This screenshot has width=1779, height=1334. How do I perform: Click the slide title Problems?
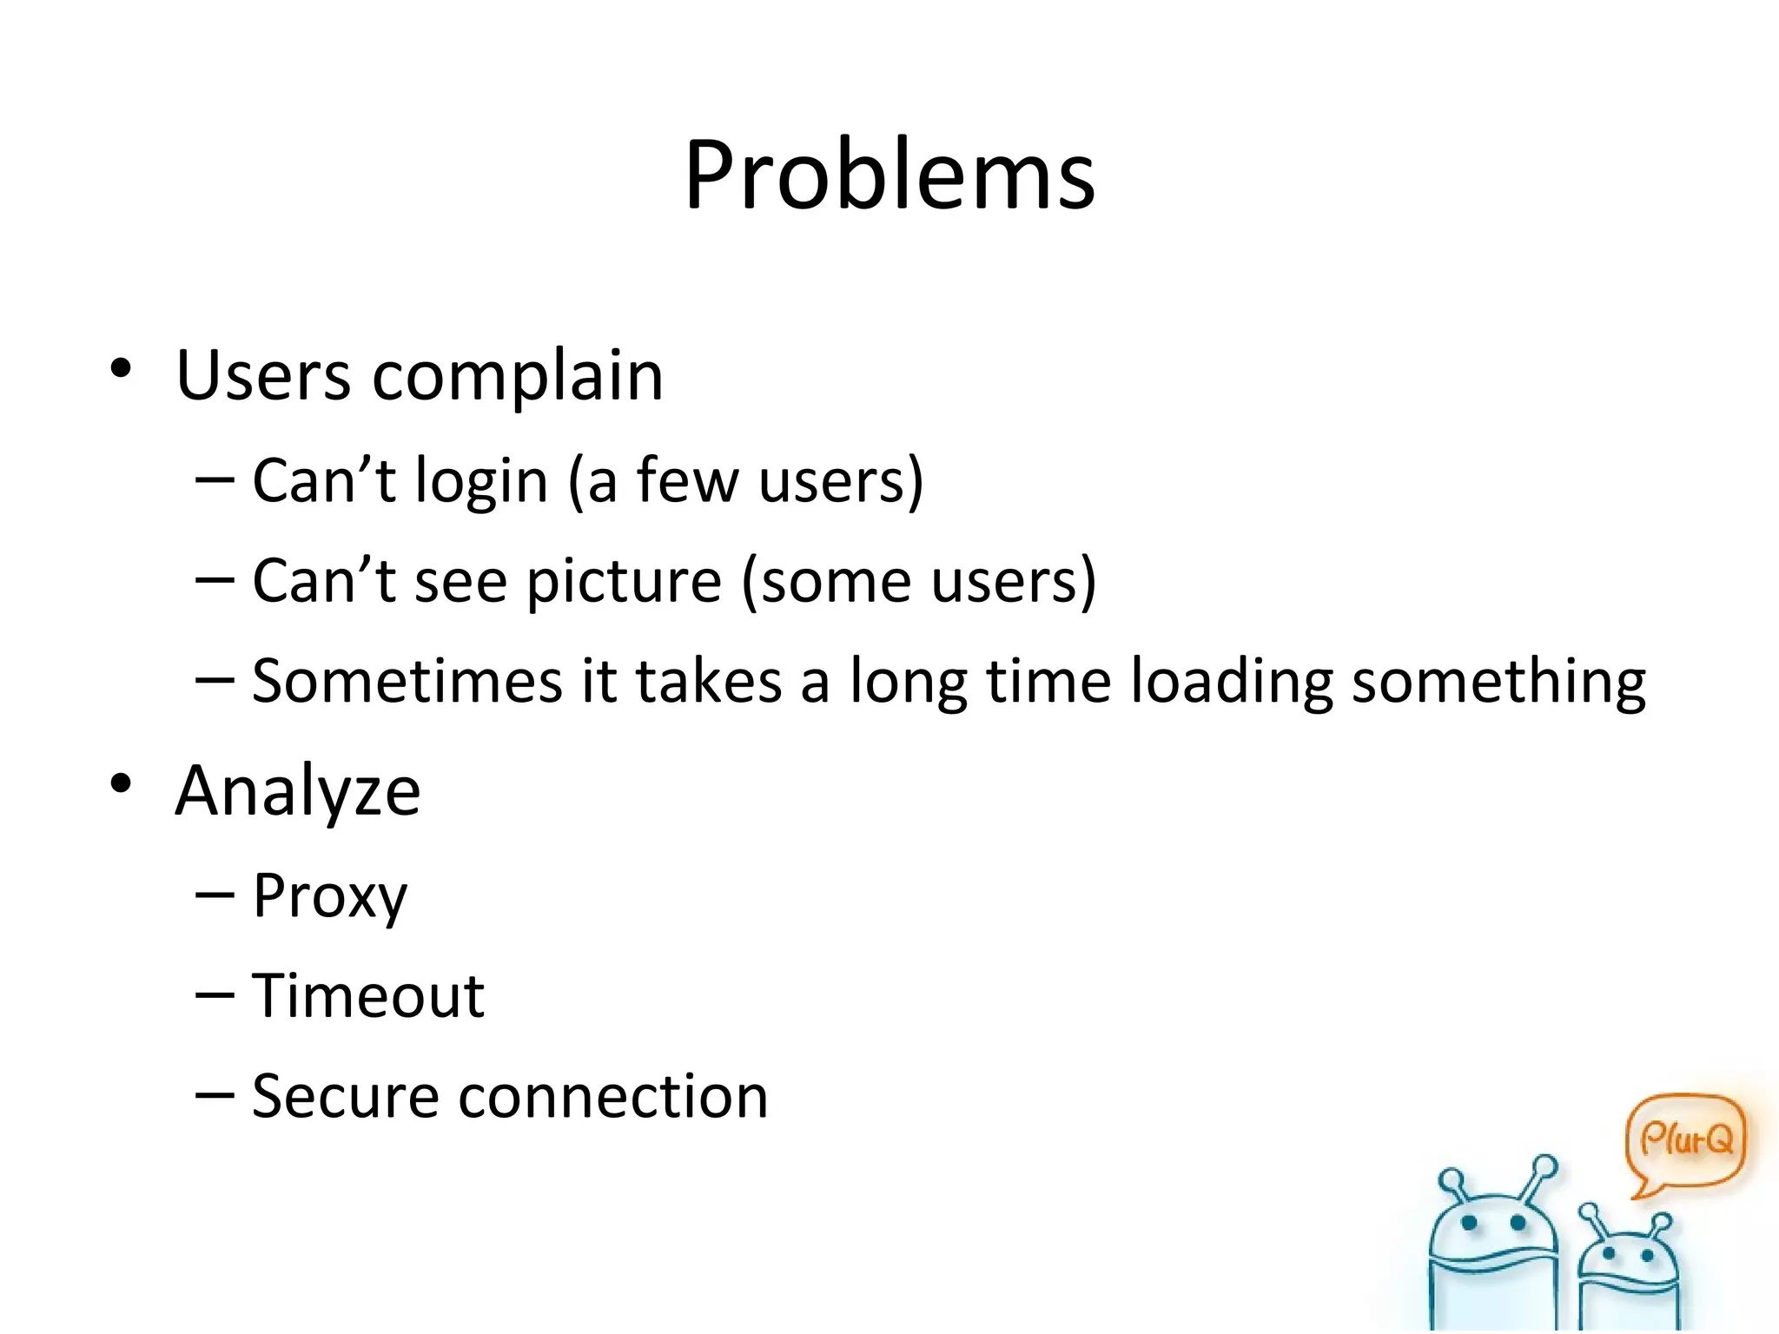click(889, 176)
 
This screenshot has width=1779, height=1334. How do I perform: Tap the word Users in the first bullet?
click(262, 376)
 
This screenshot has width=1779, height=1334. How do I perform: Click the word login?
click(481, 482)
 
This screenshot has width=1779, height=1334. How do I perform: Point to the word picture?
click(624, 582)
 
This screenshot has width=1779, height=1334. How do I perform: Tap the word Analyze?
click(298, 792)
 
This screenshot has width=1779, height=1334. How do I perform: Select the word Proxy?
click(329, 896)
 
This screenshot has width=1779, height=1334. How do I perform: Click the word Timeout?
click(368, 996)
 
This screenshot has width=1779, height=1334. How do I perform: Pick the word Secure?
click(345, 1097)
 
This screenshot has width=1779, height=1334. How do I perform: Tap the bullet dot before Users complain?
click(121, 369)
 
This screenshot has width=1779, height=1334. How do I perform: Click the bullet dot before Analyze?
click(121, 783)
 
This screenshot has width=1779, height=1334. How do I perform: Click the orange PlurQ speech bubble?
click(1685, 1140)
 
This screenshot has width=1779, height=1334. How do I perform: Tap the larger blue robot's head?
click(1492, 1229)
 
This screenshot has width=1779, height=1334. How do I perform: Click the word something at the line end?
click(1498, 683)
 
